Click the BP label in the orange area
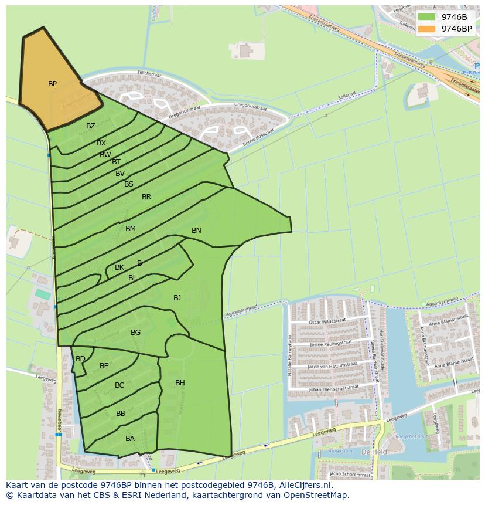pos(52,84)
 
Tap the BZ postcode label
pos(90,126)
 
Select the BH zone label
pos(180,383)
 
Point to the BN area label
pos(196,231)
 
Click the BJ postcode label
pos(177,298)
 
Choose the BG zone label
pos(135,333)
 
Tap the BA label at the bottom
pos(130,439)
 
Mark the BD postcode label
pos(80,359)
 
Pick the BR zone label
pos(146,197)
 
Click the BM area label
pos(130,229)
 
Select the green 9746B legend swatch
pos(426,17)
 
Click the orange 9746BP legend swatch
pos(426,29)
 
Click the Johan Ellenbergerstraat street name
pos(332,389)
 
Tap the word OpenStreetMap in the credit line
pos(319,495)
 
